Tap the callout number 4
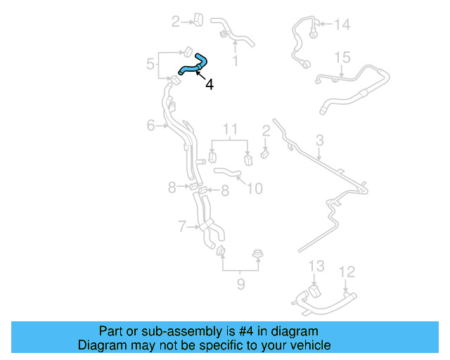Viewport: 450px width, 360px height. tap(210, 84)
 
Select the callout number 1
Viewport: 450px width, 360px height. tap(235, 61)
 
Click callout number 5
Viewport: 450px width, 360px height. tap(150, 65)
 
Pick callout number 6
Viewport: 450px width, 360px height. tap(150, 125)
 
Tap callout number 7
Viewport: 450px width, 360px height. tap(181, 226)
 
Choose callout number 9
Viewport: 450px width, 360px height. tap(240, 284)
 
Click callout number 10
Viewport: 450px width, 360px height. tap(255, 188)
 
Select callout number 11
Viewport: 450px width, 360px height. tap(231, 129)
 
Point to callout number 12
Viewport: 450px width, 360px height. tap(347, 271)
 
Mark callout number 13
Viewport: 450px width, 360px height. tap(316, 266)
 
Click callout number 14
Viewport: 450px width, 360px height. tap(342, 25)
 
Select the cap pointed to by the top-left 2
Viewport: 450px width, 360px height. tap(198, 20)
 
